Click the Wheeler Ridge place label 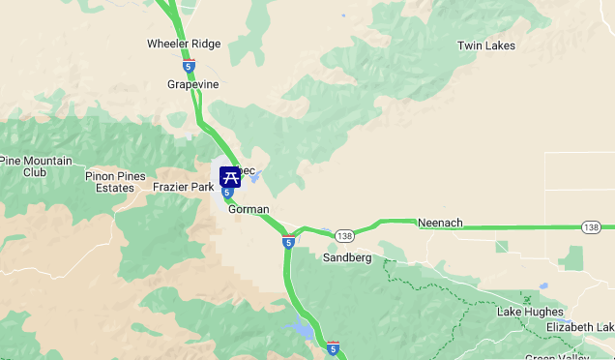click(x=184, y=44)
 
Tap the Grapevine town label click(x=193, y=84)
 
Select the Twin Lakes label click(x=485, y=45)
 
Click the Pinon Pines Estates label click(x=115, y=182)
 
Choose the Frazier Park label click(x=183, y=187)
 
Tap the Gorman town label click(x=249, y=209)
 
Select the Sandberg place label click(x=347, y=257)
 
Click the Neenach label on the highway click(x=440, y=223)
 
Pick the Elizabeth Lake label click(x=579, y=327)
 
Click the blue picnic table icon click(x=229, y=176)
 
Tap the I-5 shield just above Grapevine click(x=189, y=67)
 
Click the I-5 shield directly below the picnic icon click(x=227, y=193)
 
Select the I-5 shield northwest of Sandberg click(x=289, y=242)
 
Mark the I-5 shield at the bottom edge click(x=332, y=346)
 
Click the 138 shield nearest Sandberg click(x=345, y=236)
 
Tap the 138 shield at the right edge click(x=592, y=227)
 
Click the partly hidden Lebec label click(x=247, y=171)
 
